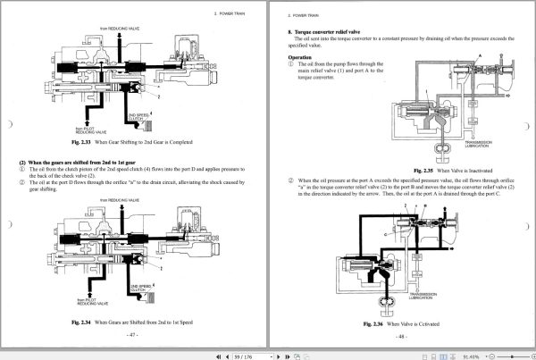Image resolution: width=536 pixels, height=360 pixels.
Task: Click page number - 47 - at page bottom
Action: point(131,334)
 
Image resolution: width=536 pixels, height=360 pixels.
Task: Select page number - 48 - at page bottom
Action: point(401,336)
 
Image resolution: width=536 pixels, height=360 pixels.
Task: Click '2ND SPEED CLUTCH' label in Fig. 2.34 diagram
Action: point(138,288)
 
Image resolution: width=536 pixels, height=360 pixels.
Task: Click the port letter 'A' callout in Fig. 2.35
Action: point(482,54)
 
